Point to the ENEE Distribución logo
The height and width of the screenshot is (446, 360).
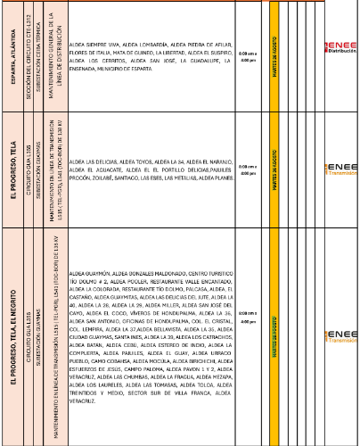click(x=340, y=47)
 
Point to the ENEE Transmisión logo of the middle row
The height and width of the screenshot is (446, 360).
click(x=340, y=170)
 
